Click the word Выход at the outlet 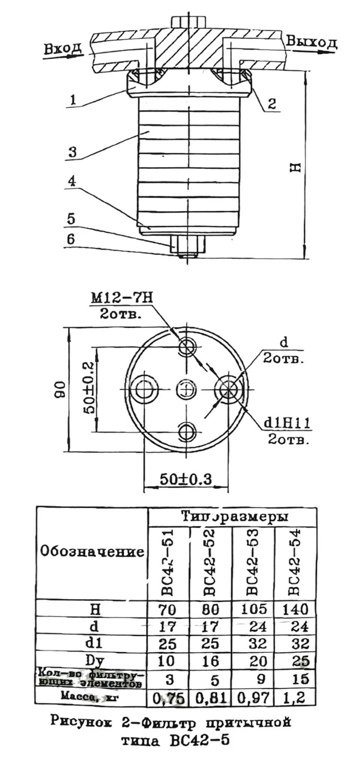coord(311,42)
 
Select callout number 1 coord(73,99)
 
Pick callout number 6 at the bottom coord(71,239)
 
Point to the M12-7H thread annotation coord(121,298)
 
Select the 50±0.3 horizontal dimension coord(186,479)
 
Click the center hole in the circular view coord(186,390)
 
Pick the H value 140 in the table coord(295,609)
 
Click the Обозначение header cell coord(92,552)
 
